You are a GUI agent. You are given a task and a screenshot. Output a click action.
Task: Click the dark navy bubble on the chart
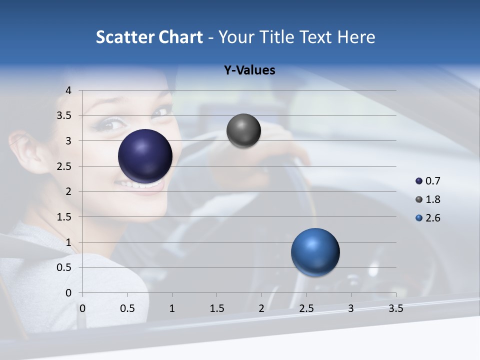[145, 156]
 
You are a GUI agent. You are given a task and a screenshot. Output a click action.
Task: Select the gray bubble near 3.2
[243, 130]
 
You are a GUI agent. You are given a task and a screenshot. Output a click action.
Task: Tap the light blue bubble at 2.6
[315, 252]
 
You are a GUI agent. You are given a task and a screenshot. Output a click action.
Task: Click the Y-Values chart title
[249, 70]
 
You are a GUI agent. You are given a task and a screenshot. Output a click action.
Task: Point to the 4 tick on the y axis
[68, 90]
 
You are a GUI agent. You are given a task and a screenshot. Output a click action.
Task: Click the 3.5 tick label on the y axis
[65, 115]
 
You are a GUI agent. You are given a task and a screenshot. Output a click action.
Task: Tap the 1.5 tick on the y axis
[65, 217]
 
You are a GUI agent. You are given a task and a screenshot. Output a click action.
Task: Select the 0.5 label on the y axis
[65, 267]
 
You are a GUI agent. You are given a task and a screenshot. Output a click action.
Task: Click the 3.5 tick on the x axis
[395, 308]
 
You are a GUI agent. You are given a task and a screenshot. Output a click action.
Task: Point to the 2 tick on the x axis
[261, 308]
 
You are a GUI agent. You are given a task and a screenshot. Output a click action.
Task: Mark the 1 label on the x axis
[172, 308]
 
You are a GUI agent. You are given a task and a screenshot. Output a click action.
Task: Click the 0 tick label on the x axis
[82, 308]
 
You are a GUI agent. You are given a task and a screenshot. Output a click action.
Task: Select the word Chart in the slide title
[180, 37]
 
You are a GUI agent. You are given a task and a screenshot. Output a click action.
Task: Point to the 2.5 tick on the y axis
[65, 166]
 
